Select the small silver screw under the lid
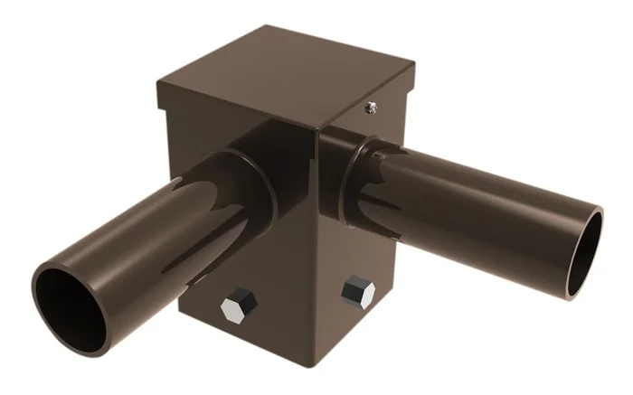[x=370, y=108]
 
